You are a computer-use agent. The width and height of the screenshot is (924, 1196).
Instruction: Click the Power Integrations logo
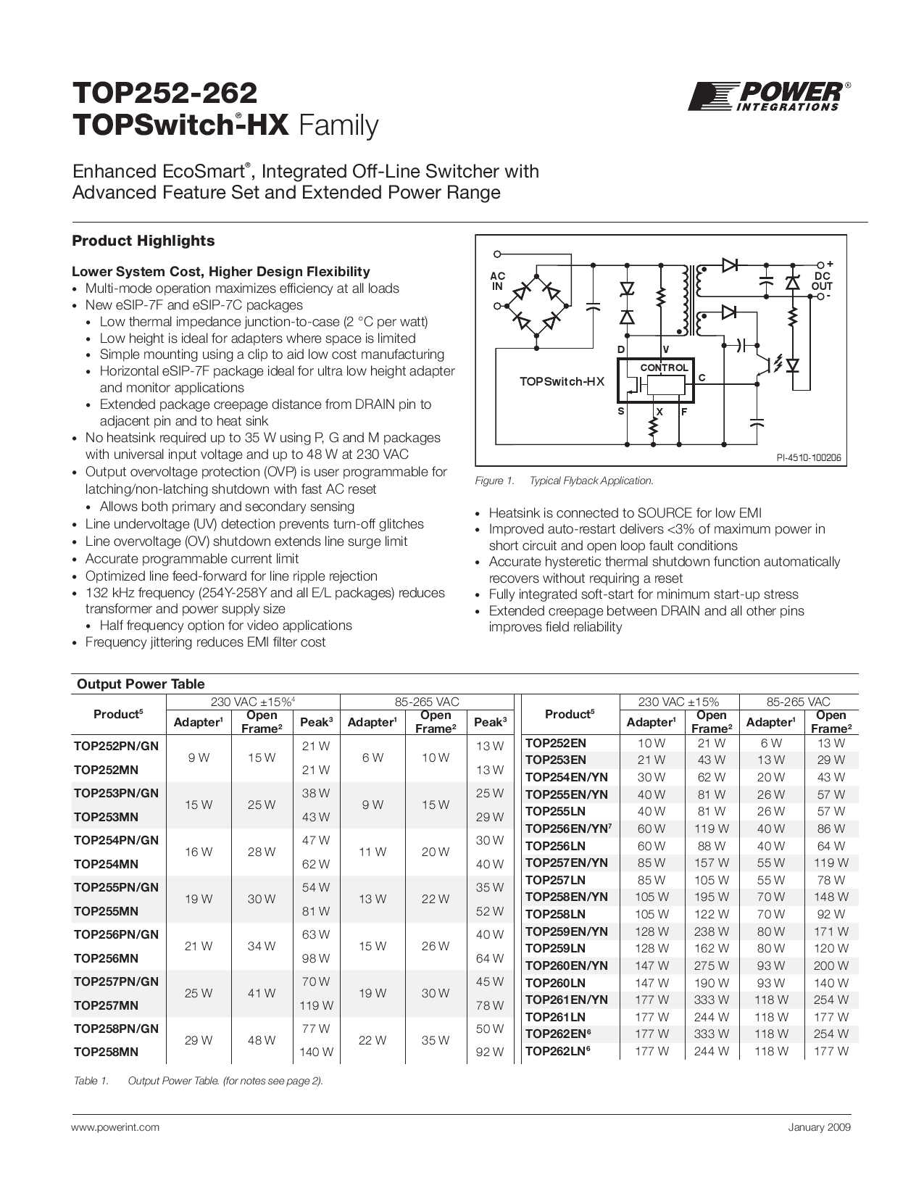click(x=768, y=96)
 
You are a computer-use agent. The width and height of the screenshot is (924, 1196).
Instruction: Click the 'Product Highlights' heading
click(x=143, y=241)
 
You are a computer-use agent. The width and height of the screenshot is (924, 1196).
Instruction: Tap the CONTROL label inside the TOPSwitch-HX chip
click(x=664, y=367)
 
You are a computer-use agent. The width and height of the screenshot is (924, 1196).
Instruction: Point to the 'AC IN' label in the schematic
click(x=497, y=281)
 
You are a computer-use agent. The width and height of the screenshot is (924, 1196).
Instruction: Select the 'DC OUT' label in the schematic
click(x=823, y=281)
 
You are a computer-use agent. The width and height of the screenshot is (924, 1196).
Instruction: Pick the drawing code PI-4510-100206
click(x=809, y=458)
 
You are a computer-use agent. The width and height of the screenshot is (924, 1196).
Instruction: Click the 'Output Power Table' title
click(x=141, y=684)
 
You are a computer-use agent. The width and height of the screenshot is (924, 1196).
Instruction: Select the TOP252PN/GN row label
click(x=116, y=745)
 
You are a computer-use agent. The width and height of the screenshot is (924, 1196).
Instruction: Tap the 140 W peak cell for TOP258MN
click(x=316, y=1052)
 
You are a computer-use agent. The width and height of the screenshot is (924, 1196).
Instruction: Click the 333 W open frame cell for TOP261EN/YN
click(x=711, y=1000)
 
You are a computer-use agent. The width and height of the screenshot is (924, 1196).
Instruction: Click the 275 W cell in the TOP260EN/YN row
click(x=711, y=965)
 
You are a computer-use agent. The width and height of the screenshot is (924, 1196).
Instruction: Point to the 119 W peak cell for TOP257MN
click(x=316, y=1005)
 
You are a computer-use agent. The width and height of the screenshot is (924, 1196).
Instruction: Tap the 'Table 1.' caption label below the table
click(x=91, y=1081)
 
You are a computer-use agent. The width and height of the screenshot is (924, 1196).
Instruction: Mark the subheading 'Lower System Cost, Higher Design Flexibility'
click(x=220, y=272)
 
